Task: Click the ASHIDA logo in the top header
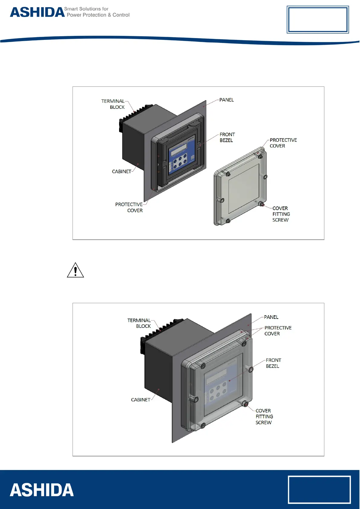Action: (x=37, y=12)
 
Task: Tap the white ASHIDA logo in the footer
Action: (x=42, y=490)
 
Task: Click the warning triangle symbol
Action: (x=75, y=270)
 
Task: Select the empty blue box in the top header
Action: (x=318, y=20)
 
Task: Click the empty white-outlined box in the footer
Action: (x=319, y=490)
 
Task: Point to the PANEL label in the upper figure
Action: (x=226, y=100)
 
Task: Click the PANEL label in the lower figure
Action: (x=271, y=317)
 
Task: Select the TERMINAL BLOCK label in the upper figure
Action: (x=113, y=104)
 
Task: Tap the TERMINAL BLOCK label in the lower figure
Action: (x=139, y=323)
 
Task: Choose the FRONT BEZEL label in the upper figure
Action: (x=227, y=137)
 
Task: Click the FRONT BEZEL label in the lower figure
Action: (x=273, y=363)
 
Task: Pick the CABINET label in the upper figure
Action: (x=122, y=171)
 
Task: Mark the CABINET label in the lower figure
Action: (x=141, y=400)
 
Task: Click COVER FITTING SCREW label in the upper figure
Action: (x=281, y=214)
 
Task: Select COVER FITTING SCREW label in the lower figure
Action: (x=264, y=417)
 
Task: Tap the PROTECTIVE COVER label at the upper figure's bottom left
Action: (x=129, y=207)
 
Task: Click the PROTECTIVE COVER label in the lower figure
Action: (x=278, y=331)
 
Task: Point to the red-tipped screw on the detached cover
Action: (x=262, y=205)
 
